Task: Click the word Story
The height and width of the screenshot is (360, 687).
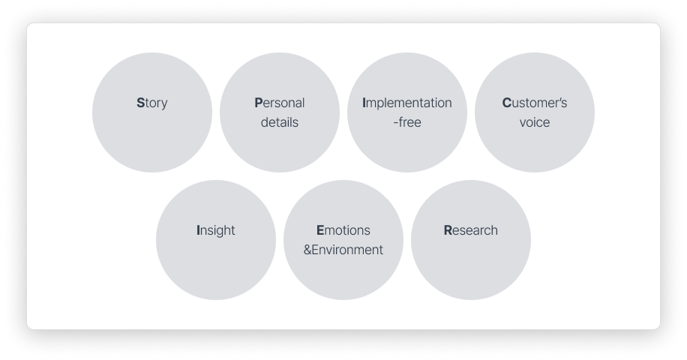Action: [x=152, y=103]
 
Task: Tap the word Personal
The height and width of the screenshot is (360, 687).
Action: [x=280, y=103]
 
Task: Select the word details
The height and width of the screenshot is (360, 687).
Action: [x=280, y=122]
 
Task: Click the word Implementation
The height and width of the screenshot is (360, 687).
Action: [x=407, y=103]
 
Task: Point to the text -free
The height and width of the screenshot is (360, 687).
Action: [x=407, y=122]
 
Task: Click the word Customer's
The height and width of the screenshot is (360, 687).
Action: [x=535, y=103]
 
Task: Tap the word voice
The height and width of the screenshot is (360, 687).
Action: [x=535, y=122]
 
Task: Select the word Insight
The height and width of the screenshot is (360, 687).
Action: [x=216, y=231]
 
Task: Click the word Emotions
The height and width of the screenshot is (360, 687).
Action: [x=343, y=230]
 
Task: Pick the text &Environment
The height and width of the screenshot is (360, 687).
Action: [x=343, y=250]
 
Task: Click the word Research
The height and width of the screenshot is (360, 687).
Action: [x=471, y=230]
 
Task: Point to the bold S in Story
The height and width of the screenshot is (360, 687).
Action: [x=140, y=103]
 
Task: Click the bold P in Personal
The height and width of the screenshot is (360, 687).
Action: [x=259, y=103]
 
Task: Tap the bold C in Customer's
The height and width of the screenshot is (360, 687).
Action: [x=506, y=103]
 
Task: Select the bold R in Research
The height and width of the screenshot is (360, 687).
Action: [x=448, y=230]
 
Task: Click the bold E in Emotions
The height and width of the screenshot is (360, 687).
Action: [x=320, y=230]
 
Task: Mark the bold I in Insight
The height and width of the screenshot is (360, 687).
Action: [x=198, y=231]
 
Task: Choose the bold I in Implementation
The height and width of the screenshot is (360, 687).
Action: [x=364, y=103]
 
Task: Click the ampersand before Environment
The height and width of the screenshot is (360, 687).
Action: [x=307, y=250]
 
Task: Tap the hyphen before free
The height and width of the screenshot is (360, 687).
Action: [x=396, y=123]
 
